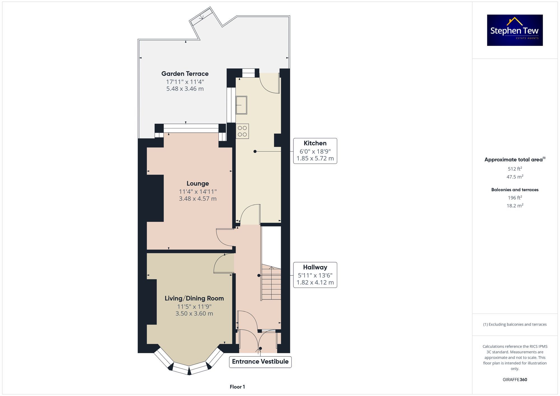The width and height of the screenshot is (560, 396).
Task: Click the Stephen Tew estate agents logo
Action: coord(515,30)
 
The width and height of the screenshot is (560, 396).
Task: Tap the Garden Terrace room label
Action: coord(185,74)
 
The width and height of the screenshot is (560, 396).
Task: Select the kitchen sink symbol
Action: coord(241,105)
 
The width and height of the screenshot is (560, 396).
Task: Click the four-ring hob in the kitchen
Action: coord(242,131)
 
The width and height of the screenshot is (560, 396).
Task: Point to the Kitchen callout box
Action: coord(315,151)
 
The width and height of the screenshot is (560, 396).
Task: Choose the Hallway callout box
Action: coord(315,275)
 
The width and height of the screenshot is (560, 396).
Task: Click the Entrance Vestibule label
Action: coord(260,362)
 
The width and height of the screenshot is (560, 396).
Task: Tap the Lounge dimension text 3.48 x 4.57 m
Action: coord(198,199)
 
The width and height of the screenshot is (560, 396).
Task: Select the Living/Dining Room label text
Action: coord(194,298)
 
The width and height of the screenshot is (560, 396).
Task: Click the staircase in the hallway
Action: coord(271,283)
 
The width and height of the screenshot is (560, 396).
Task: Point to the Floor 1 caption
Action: coord(237,387)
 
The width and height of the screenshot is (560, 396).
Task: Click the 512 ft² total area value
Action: coord(515,169)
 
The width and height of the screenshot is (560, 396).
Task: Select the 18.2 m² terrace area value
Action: coord(515,206)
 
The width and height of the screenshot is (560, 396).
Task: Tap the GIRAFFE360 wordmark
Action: coord(515,380)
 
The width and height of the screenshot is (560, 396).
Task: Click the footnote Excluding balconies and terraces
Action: coord(515,324)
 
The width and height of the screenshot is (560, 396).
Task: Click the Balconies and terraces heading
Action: coord(515,190)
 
